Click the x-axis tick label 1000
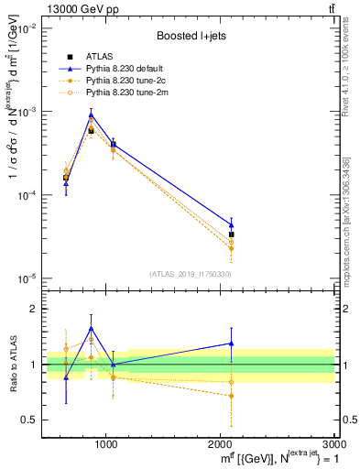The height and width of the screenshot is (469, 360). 106,443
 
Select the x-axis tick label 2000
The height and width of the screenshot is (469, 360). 221,443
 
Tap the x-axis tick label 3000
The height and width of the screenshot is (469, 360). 333,443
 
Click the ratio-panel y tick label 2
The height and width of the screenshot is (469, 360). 31,309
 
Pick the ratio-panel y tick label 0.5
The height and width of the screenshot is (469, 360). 27,420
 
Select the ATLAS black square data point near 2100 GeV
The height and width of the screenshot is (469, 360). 231,234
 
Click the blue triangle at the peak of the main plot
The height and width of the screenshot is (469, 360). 91,115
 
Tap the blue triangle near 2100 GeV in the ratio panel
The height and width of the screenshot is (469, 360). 231,344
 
